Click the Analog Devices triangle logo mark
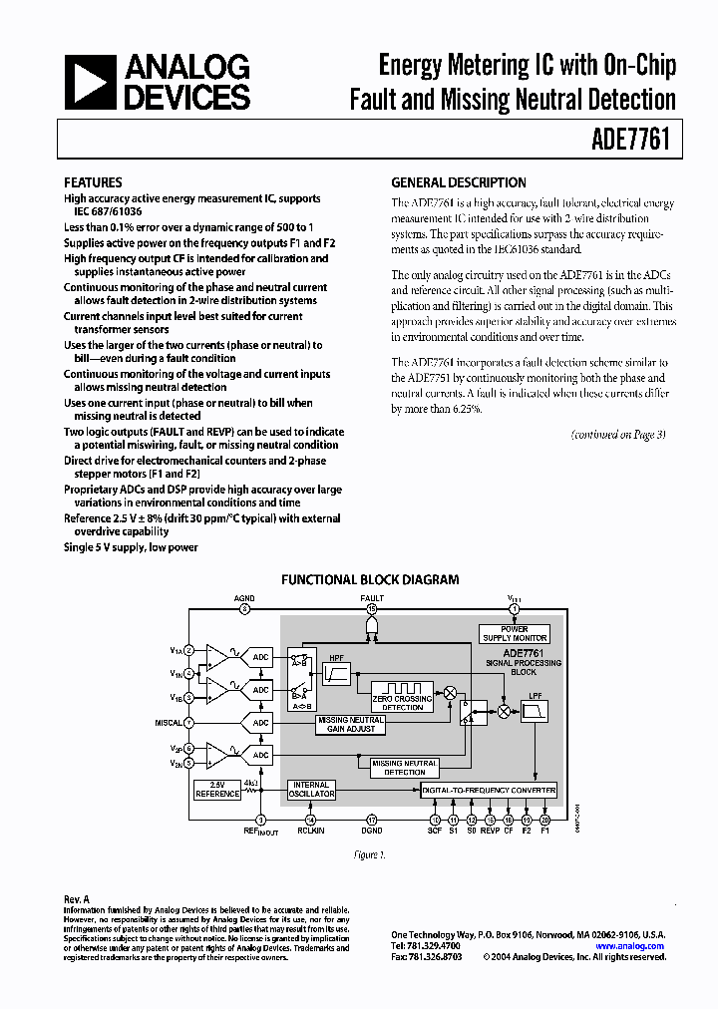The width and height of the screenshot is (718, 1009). [91, 82]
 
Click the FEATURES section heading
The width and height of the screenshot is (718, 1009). [93, 182]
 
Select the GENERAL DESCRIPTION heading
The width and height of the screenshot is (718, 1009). [459, 182]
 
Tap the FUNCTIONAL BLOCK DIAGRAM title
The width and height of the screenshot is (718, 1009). [370, 579]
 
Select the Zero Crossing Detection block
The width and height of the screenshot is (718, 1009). [402, 694]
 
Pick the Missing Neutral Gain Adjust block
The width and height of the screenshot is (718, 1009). [349, 724]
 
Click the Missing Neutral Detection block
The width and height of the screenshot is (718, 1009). [405, 767]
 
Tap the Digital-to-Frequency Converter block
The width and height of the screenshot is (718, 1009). [488, 791]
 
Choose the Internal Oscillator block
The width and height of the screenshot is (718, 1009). [311, 790]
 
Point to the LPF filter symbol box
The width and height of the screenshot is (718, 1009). [536, 711]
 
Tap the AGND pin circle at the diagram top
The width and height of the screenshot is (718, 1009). [244, 607]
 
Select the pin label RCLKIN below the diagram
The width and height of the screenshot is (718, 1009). [311, 831]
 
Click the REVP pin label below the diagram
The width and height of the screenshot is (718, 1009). [490, 831]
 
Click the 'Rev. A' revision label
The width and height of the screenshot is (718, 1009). [77, 899]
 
